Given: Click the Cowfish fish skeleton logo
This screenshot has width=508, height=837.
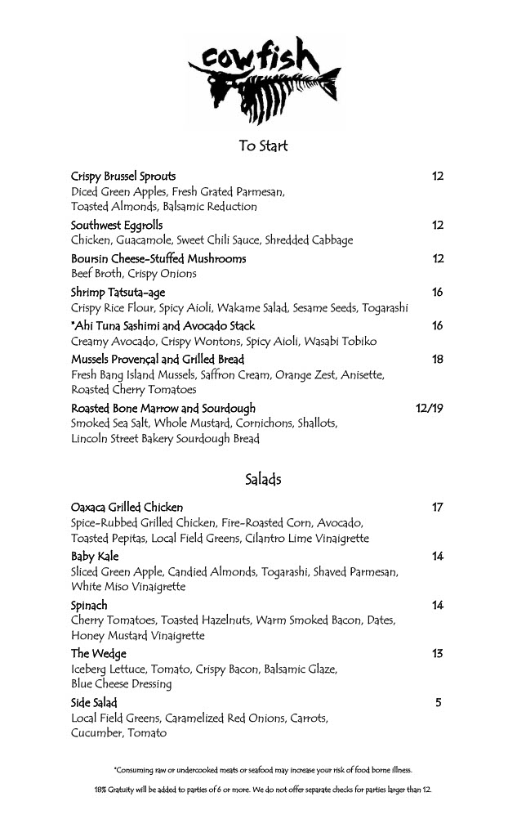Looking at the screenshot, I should click(262, 82).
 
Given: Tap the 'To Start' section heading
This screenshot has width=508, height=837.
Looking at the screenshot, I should click(263, 146).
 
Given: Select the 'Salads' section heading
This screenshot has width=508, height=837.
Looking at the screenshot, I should click(263, 479).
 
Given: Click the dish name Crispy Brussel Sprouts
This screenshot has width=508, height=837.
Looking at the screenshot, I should click(123, 176).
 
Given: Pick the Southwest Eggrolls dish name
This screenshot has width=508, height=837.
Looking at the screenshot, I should click(117, 225).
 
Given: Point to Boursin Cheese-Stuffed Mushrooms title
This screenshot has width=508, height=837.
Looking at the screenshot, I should click(158, 258).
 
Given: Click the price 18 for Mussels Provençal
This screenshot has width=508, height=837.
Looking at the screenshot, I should click(437, 359).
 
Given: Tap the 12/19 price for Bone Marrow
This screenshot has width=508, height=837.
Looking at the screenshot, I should click(430, 408).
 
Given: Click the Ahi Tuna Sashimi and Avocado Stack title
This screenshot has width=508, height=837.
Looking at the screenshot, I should click(163, 325).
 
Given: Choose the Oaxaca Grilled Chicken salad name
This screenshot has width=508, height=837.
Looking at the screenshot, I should click(127, 507).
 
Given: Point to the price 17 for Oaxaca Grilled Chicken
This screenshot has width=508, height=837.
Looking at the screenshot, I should click(437, 507).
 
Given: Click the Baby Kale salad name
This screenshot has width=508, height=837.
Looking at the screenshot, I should click(95, 556).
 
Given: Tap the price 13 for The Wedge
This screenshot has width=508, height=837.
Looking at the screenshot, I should click(437, 653).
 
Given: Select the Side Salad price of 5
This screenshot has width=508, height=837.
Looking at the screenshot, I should click(439, 701).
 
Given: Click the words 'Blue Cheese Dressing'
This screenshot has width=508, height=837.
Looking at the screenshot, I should click(121, 683).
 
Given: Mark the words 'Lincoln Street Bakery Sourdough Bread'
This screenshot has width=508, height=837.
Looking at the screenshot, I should click(165, 438).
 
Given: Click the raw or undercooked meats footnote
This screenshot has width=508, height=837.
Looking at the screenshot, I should click(263, 769).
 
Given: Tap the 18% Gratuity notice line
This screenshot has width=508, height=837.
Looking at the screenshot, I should click(263, 790).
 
